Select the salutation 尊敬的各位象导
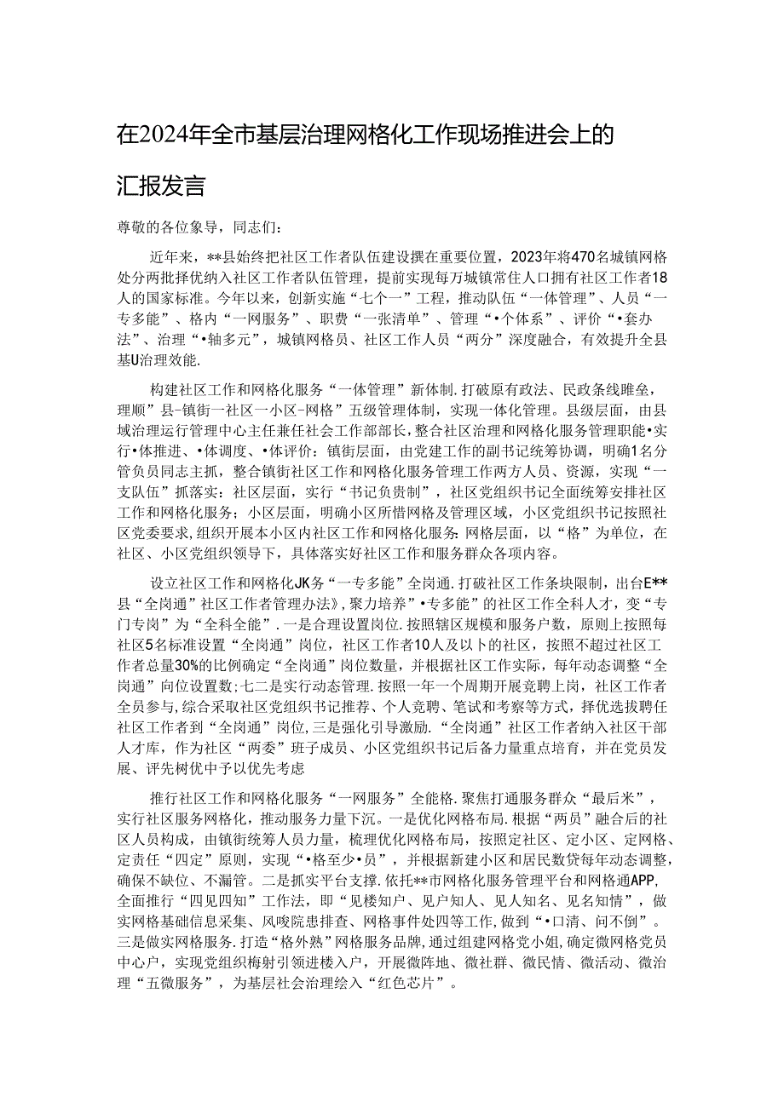tap(166, 227)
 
